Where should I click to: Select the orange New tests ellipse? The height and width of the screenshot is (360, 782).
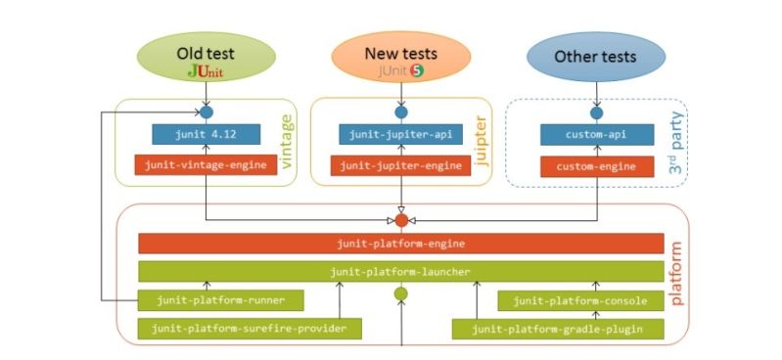[x=400, y=58]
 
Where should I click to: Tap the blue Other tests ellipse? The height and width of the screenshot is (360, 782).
[x=595, y=57]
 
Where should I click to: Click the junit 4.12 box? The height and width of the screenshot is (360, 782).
[x=206, y=135]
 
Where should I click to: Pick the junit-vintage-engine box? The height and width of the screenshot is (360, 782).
[x=206, y=166]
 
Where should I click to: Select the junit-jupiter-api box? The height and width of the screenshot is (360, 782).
[x=399, y=135]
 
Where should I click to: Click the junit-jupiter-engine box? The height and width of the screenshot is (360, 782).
[x=399, y=166]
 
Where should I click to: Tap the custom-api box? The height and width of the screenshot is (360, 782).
[x=596, y=135]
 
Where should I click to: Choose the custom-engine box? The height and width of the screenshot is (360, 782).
[x=596, y=166]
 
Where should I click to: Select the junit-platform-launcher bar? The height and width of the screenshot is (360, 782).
[x=400, y=271]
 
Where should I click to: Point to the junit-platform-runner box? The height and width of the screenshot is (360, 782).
[x=220, y=300]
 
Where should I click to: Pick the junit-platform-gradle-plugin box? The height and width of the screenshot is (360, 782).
[x=557, y=329]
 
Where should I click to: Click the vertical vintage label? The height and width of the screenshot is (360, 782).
[x=287, y=141]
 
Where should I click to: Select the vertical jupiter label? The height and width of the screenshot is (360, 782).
[x=481, y=141]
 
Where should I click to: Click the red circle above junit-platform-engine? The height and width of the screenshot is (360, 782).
[x=400, y=220]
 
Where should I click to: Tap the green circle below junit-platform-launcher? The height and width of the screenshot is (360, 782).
[x=400, y=293]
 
